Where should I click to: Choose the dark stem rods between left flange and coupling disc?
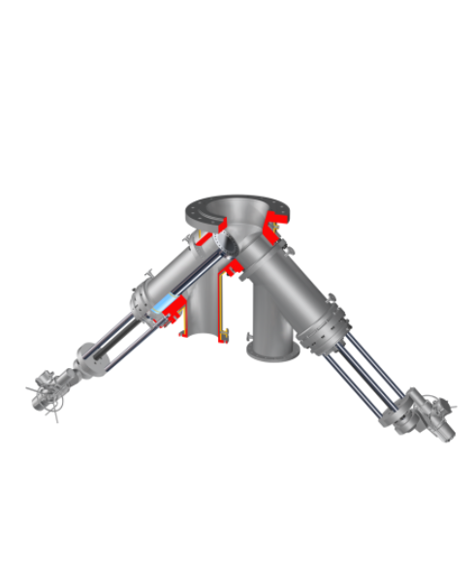[x=116, y=334]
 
